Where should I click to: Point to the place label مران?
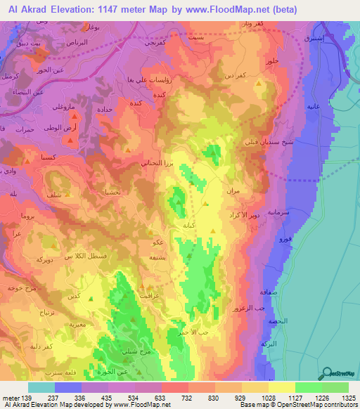pos(234,191)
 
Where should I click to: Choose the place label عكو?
pos(158,242)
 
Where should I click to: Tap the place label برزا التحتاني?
pos(150,161)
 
